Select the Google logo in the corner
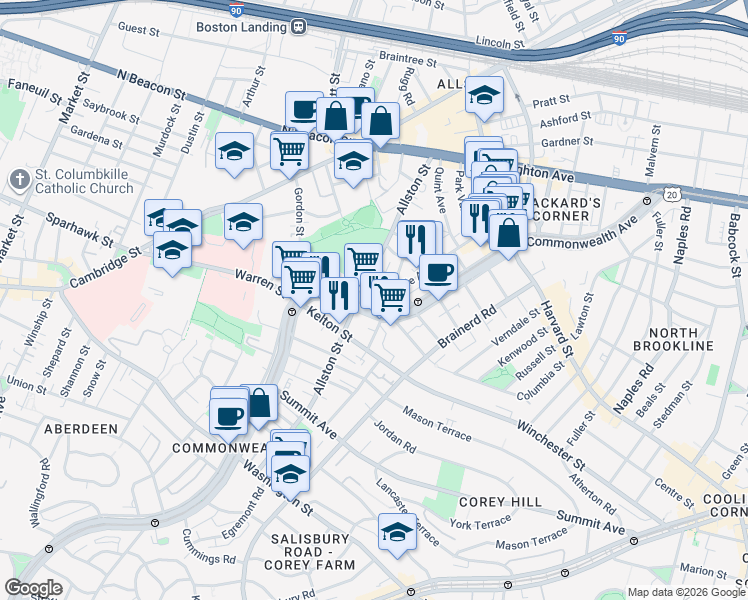[32, 588]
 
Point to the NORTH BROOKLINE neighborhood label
[681, 339]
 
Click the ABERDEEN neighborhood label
[81, 428]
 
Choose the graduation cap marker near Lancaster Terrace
[397, 531]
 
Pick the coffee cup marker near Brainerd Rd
[438, 271]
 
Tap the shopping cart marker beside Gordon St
[289, 151]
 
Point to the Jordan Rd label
[394, 435]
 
